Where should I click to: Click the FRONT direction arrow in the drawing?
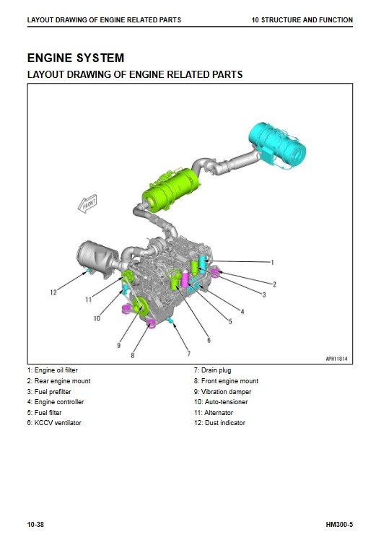pos(87,204)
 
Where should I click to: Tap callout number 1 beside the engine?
pos(272,262)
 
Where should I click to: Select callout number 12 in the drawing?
pos(53,292)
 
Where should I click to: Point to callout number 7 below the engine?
pos(188,353)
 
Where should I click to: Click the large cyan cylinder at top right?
pos(277,145)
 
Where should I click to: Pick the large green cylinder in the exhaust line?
pos(170,189)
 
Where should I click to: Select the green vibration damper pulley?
pos(139,307)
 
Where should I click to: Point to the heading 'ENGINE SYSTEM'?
pos(76,58)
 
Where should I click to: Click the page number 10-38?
pos(36,525)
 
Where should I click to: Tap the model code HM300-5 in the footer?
pos(339,525)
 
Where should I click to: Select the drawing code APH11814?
pos(337,359)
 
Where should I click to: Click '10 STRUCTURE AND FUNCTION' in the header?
pos(302,20)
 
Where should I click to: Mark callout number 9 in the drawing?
pos(119,346)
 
